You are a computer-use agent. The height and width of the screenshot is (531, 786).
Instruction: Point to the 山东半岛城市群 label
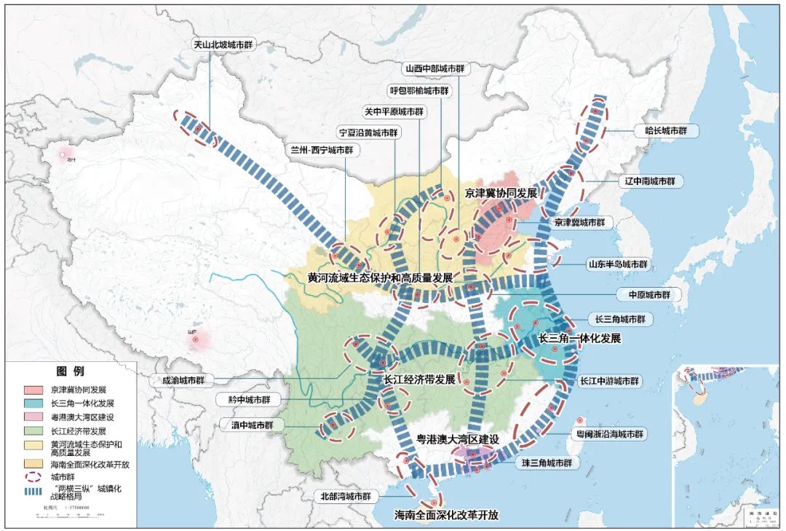pos(618,264)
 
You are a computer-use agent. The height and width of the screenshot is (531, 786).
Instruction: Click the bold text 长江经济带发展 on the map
pos(413,380)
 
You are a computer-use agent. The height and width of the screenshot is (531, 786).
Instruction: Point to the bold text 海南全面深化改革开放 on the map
pos(447,514)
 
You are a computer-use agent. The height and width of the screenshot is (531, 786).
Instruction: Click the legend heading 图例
pos(71,371)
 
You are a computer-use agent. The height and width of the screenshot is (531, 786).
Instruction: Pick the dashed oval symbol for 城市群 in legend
pos(33,478)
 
